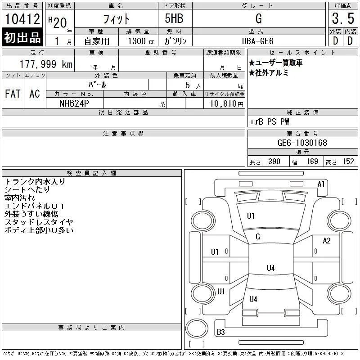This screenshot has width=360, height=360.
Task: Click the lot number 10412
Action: pos(22,19)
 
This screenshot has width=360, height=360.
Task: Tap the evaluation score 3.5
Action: pos(343,18)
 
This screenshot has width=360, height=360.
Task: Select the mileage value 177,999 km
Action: pos(46,64)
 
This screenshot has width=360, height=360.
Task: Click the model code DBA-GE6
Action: pos(258,41)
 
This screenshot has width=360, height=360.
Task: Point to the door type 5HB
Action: pos(174,18)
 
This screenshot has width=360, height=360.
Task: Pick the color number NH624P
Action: pos(74,103)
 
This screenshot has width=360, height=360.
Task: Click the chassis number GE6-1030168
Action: pos(302,143)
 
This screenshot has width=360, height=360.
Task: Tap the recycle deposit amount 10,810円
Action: pos(226,104)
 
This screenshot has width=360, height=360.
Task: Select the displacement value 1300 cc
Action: pos(141,41)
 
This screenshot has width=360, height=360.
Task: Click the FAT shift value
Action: pos(13,94)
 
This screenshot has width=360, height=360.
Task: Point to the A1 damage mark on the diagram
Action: pos(321,184)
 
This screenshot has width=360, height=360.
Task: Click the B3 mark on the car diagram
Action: pos(220,332)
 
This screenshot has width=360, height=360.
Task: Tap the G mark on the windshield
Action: pos(258,237)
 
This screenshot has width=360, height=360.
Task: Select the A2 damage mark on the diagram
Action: pos(327,241)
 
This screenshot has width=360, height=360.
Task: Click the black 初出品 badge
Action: pos(22,37)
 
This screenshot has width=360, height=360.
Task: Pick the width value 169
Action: pos(312,162)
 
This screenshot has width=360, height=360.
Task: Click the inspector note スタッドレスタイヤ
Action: pos(39,222)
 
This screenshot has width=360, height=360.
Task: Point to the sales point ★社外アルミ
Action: pos(268,73)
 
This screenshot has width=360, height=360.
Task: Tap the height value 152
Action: pos(348,162)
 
